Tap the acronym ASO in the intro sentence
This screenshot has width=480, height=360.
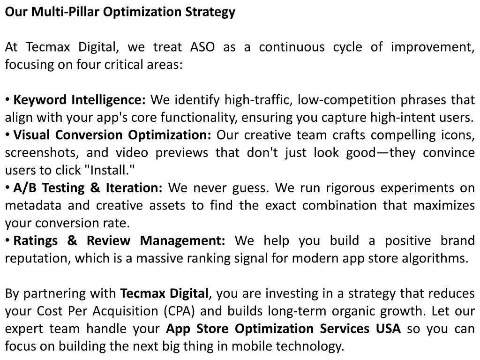coord(202,47)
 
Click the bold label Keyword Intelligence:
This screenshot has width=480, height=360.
coord(79,100)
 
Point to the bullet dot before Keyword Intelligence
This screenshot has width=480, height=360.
coord(7,100)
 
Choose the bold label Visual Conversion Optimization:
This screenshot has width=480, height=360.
coord(112,135)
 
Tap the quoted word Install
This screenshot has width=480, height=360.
coord(112,170)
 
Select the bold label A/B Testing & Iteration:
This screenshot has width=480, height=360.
coord(88,188)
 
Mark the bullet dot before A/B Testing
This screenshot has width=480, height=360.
coord(7,187)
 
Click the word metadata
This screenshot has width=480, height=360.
coord(33,205)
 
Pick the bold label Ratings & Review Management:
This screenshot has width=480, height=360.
coord(119,241)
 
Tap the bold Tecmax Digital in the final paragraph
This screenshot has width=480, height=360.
coord(165,293)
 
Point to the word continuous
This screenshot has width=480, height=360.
coord(292,47)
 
